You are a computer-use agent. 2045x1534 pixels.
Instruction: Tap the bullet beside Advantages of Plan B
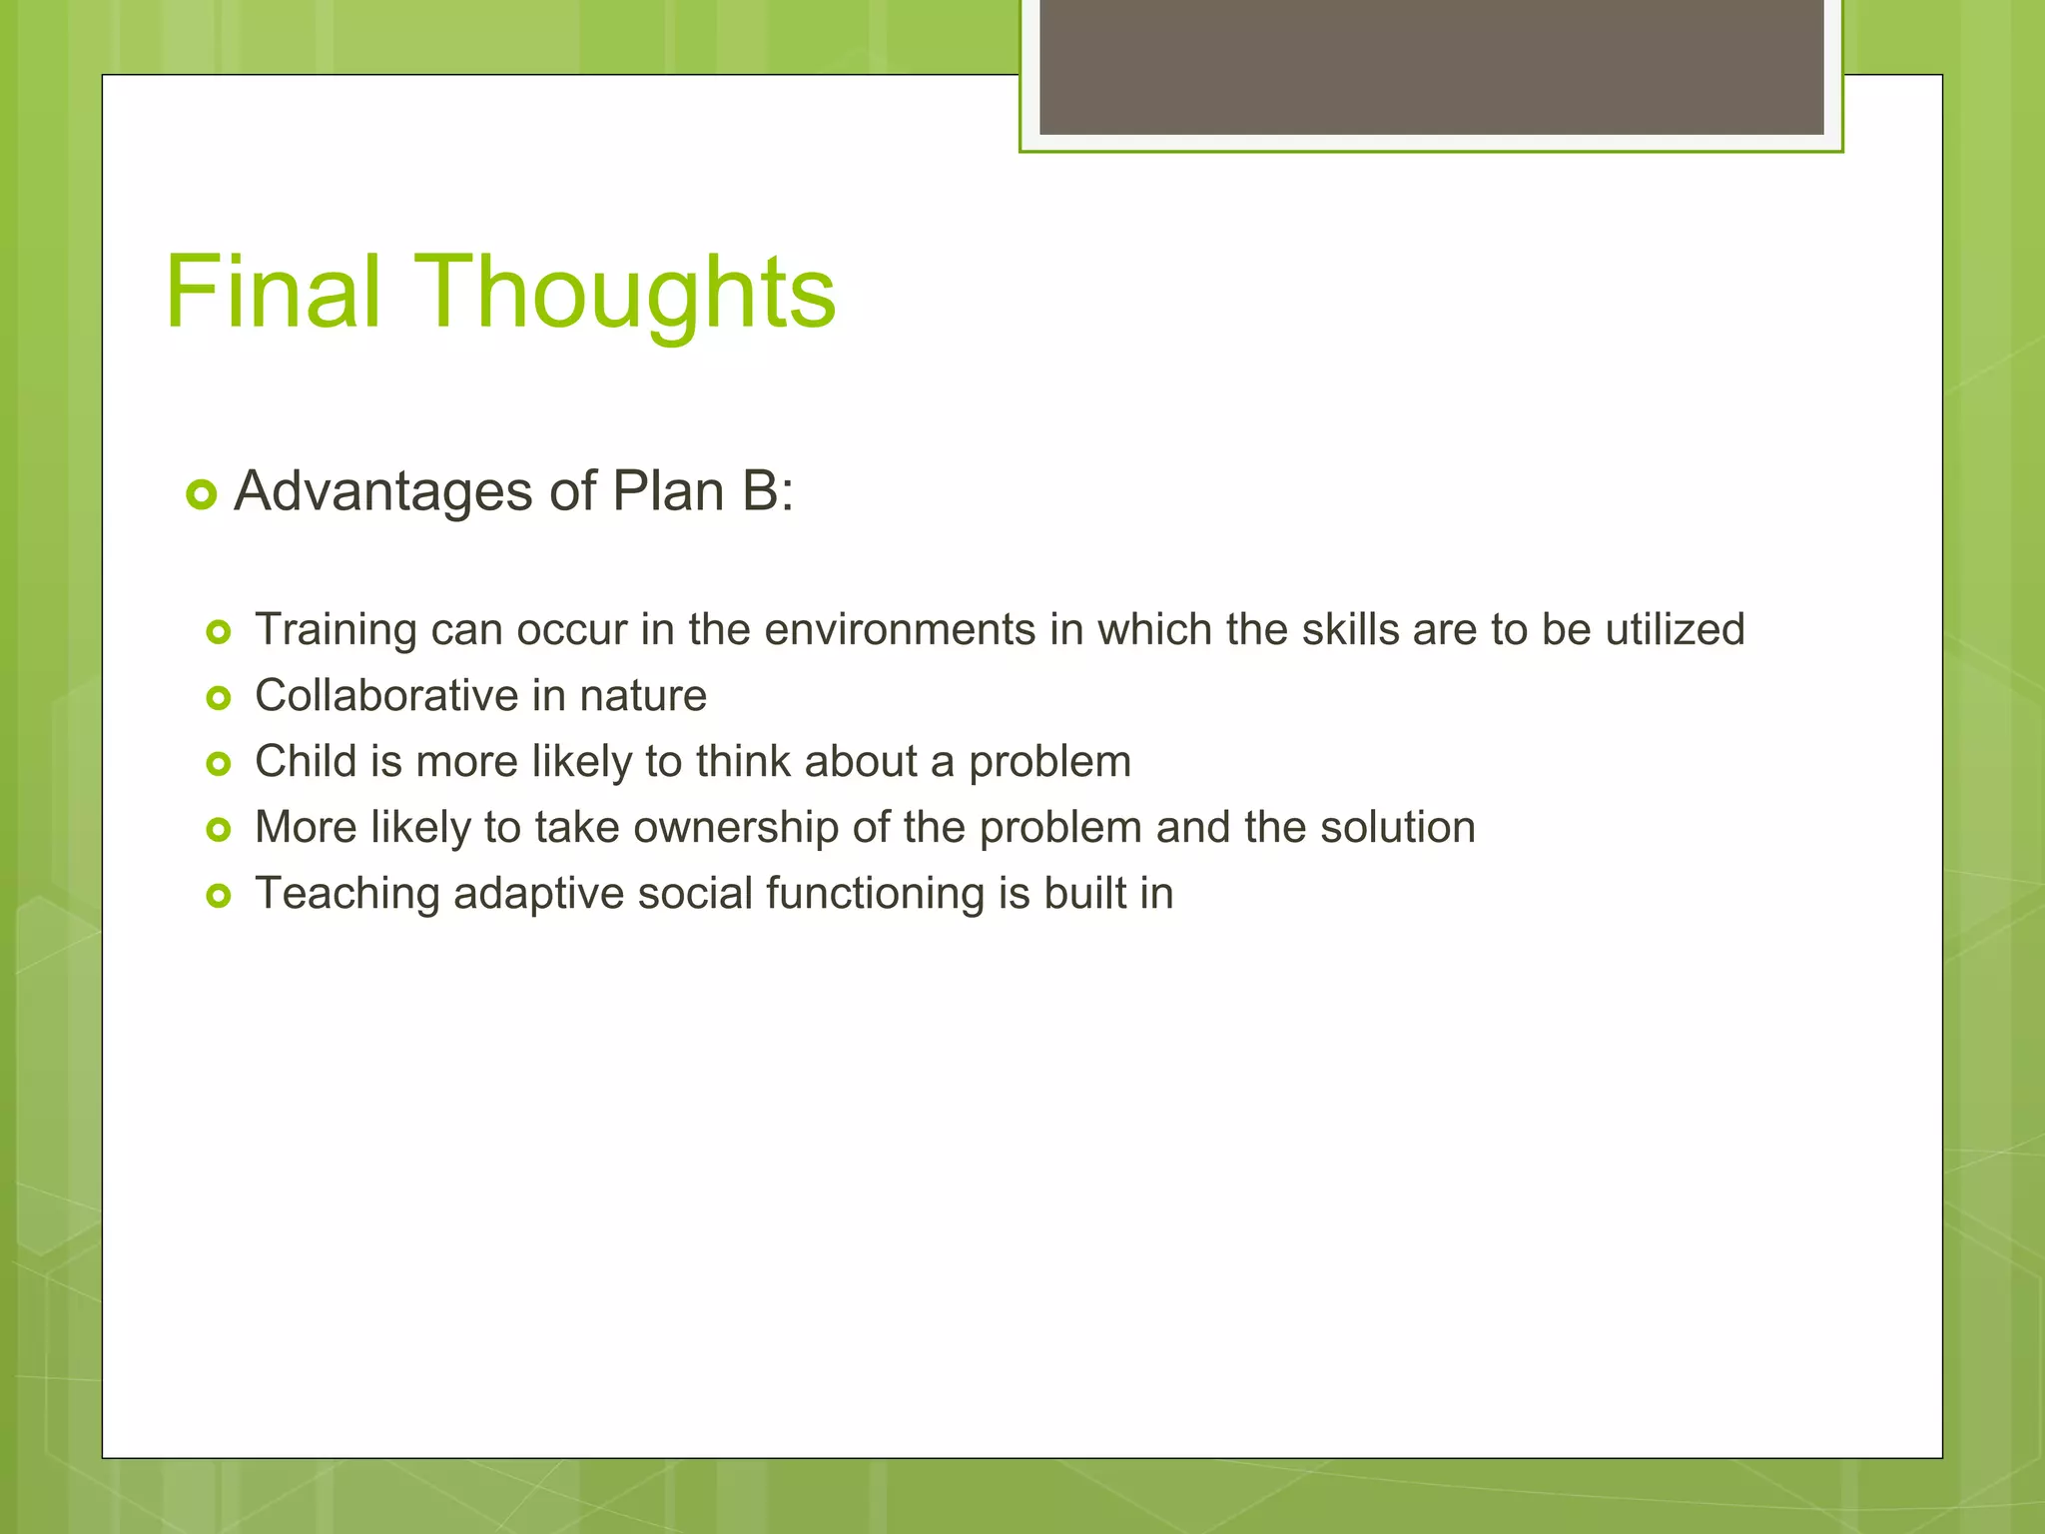click(202, 494)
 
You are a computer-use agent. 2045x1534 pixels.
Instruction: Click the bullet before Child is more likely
click(218, 764)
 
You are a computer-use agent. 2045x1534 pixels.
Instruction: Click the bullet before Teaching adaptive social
click(218, 896)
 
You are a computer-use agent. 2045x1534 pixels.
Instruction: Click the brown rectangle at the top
click(1431, 67)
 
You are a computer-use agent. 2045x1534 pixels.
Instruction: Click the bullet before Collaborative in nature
click(218, 698)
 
